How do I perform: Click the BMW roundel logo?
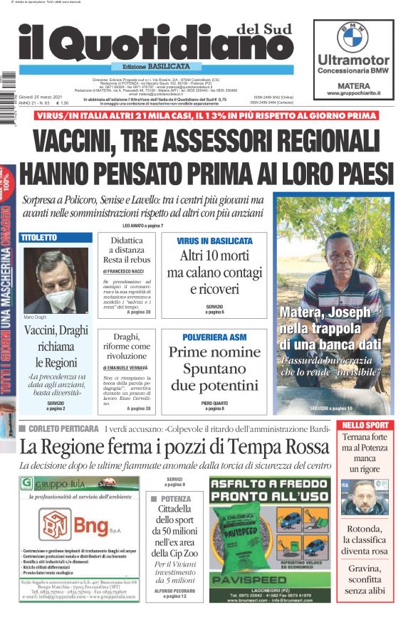pos(352,36)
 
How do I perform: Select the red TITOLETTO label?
pos(39,236)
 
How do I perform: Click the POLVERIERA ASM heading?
pos(214,336)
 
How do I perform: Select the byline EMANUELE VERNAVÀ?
pos(127,367)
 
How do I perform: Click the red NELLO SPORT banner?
pos(365,426)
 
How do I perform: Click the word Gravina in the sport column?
pos(365,569)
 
